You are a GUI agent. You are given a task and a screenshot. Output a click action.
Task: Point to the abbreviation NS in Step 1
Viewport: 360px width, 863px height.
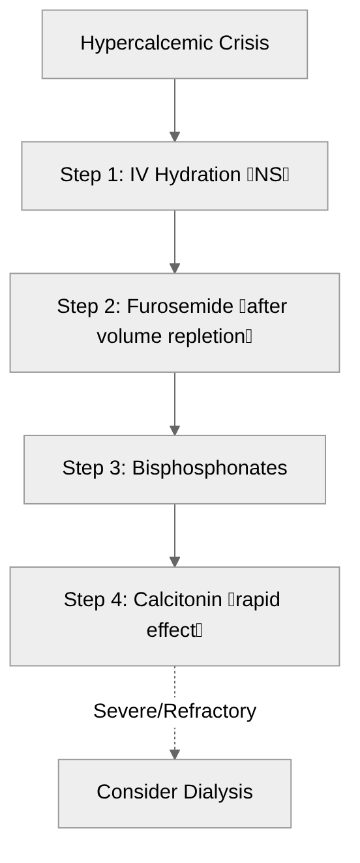point(267,175)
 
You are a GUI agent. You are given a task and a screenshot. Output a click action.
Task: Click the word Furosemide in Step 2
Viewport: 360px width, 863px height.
point(180,306)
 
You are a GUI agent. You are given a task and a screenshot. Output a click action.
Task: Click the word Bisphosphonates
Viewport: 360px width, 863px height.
point(209,468)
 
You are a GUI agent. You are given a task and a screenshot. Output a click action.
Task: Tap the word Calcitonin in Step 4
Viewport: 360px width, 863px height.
point(177,600)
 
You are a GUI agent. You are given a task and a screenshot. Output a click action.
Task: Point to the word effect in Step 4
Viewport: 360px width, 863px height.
point(171,630)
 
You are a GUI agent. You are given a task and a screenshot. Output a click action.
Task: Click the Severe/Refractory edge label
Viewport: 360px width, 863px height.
point(174,711)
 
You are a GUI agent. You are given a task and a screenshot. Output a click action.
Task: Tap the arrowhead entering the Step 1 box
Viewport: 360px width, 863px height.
point(174,137)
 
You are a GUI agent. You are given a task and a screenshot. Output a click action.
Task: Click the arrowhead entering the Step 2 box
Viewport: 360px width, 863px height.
point(174,269)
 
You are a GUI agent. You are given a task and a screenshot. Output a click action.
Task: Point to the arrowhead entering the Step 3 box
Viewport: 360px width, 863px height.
point(174,431)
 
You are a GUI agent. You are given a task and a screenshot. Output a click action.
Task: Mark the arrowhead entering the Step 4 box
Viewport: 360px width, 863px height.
point(174,562)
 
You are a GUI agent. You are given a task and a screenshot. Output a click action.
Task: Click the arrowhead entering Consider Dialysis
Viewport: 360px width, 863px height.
point(174,754)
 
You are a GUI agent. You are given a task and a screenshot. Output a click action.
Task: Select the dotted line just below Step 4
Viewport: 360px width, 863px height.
point(174,681)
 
